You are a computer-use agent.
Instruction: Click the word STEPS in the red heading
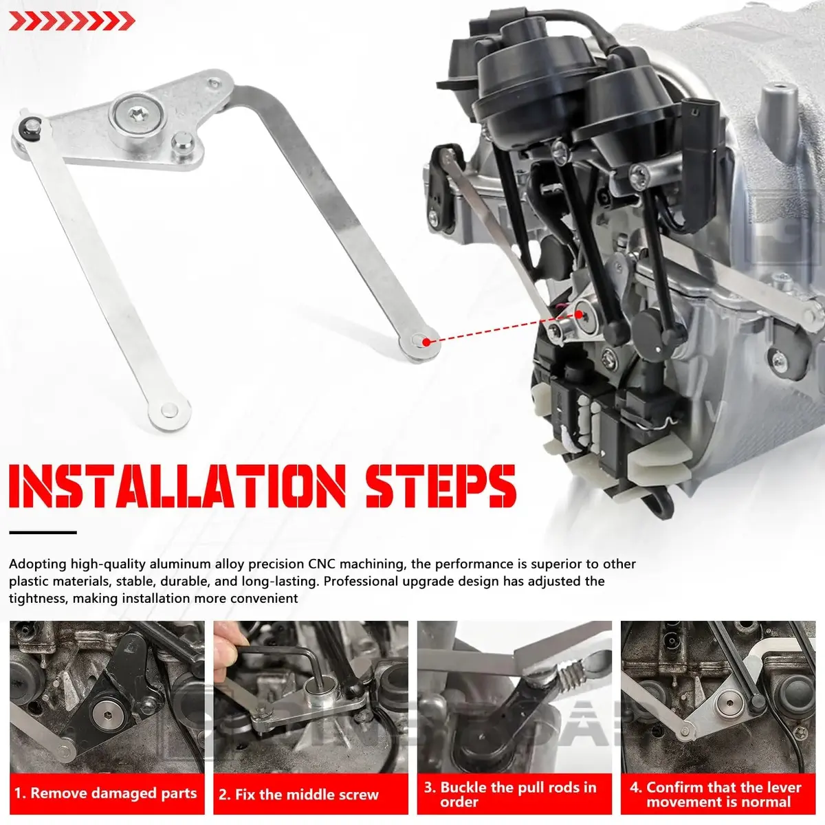coord(441,486)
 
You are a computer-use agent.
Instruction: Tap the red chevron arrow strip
coord(72,21)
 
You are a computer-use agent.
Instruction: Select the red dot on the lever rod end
coord(426,342)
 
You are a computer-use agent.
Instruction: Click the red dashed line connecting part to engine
coord(503,329)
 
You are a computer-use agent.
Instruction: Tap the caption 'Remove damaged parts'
coord(106,793)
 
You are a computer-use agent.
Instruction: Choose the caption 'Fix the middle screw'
coord(299,794)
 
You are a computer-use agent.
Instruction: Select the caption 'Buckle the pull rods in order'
coord(510,794)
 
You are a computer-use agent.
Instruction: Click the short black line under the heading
coord(43,533)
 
